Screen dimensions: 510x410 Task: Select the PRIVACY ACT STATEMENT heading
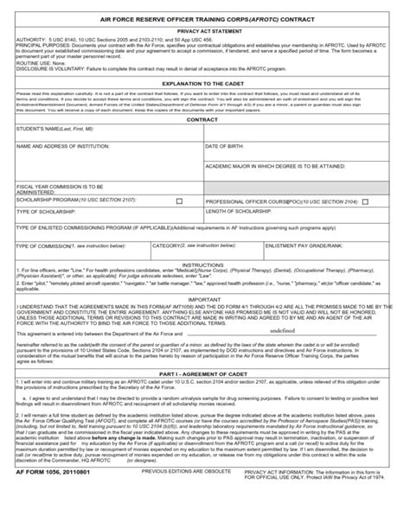[204, 29]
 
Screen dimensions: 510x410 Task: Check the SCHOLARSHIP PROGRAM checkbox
[180, 201]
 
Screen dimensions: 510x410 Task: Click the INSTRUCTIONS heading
[204, 265]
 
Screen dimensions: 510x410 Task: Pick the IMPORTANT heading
[204, 298]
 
